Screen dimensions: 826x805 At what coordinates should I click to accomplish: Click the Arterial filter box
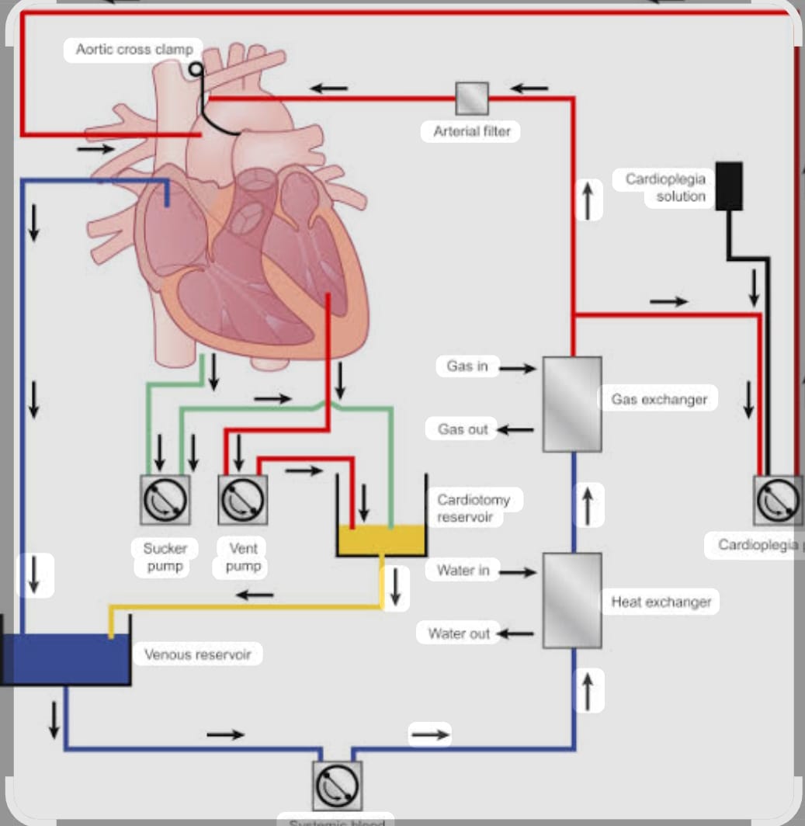tap(472, 98)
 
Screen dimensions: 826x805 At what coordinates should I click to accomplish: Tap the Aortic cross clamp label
tap(134, 50)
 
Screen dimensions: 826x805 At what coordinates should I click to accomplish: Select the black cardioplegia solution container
tap(728, 186)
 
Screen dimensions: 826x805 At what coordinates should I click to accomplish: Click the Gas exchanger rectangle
tap(571, 404)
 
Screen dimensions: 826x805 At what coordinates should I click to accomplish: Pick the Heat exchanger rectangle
tap(571, 600)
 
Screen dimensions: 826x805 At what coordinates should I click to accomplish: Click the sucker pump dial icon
tap(165, 500)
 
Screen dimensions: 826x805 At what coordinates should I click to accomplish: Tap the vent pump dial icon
tap(243, 500)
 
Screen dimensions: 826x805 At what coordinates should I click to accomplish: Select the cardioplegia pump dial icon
tap(778, 500)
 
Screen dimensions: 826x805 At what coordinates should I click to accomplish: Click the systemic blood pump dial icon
tap(337, 786)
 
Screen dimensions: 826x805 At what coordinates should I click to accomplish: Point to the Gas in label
tap(467, 366)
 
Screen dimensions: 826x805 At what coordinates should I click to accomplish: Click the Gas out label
tap(463, 429)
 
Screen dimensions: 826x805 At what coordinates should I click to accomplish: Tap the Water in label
tap(463, 571)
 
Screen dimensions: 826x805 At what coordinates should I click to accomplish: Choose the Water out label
tap(459, 633)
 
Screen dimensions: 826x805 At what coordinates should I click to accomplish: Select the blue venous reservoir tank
tap(65, 659)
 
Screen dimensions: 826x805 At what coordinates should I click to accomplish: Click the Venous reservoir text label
tap(197, 654)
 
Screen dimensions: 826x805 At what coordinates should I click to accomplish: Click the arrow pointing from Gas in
tap(517, 368)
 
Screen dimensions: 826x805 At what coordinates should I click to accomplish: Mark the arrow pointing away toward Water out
tap(515, 633)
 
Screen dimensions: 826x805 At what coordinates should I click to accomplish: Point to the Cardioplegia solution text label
tap(666, 188)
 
